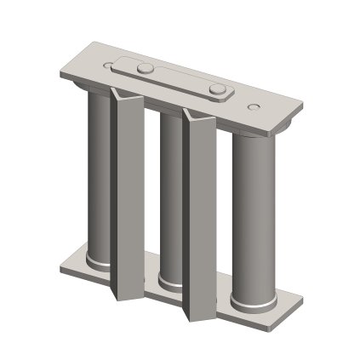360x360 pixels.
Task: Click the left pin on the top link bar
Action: pos(146,66)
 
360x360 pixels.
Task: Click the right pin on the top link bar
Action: pos(219,88)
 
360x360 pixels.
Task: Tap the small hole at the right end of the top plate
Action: pos(253,106)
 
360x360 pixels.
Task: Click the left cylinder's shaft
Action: pos(95,170)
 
